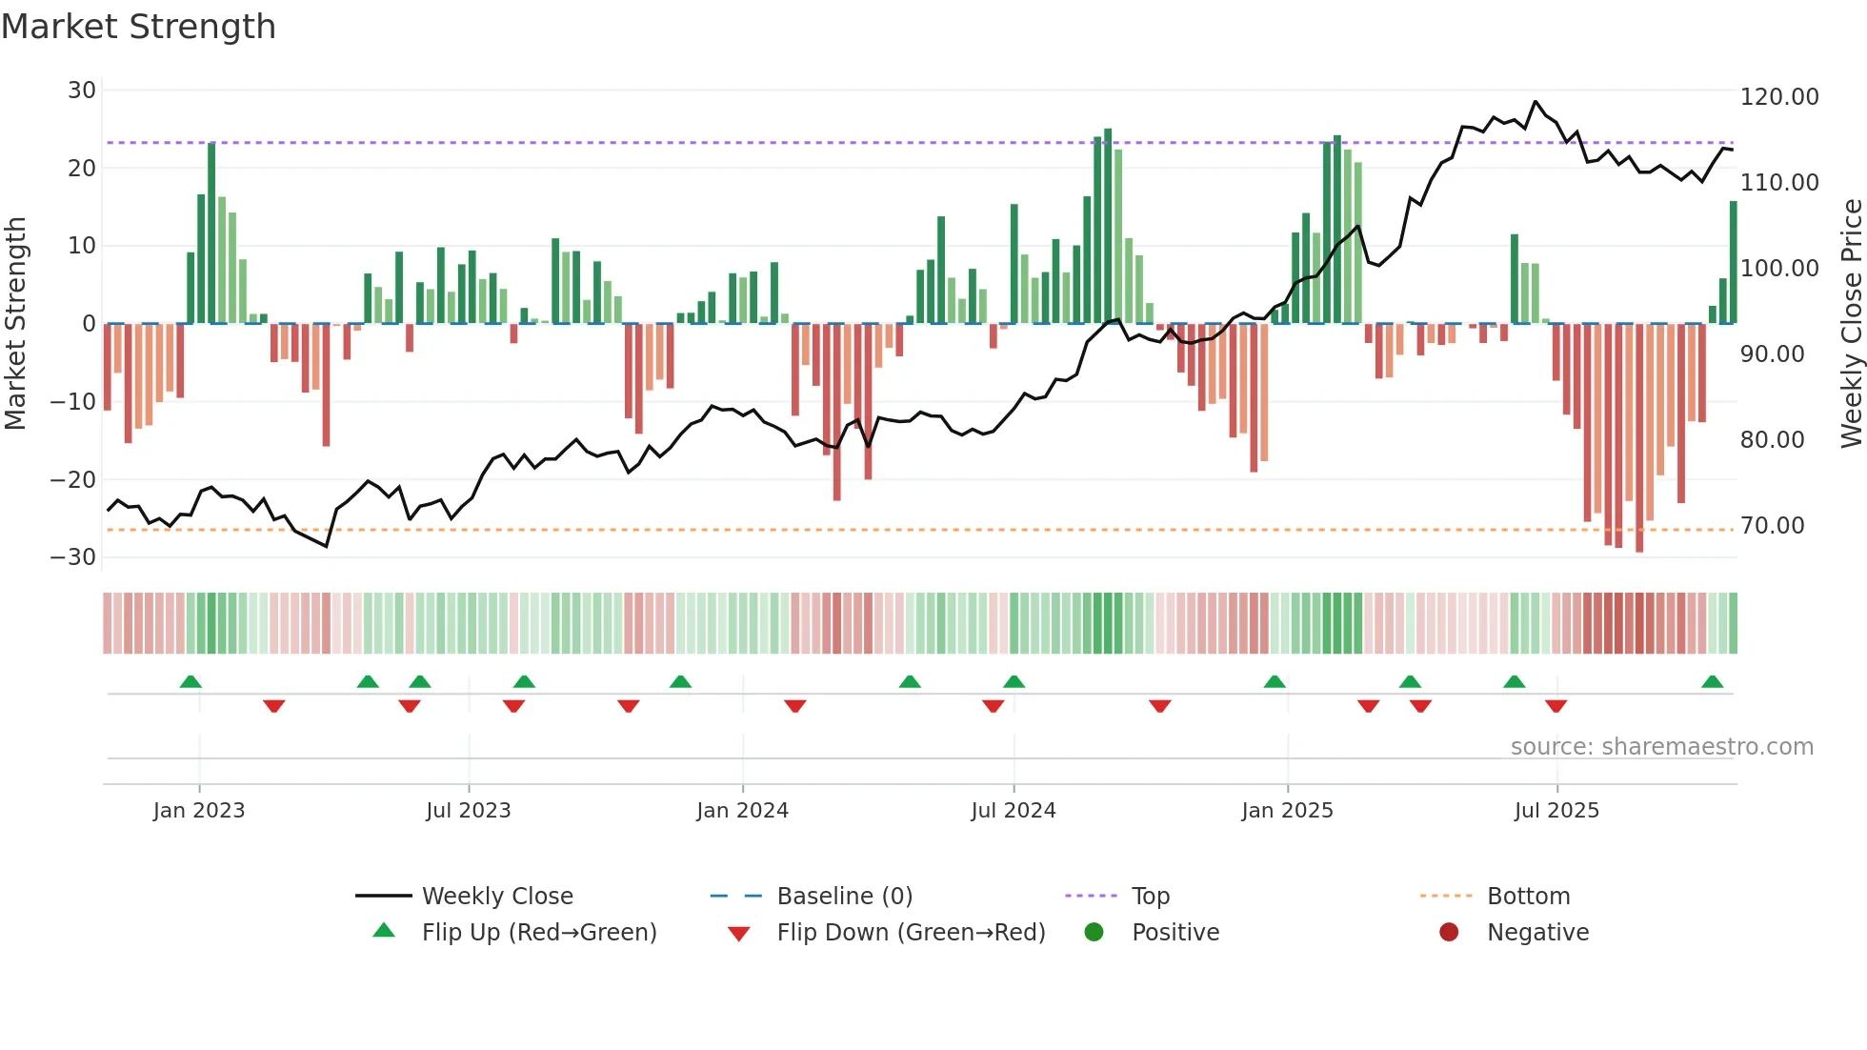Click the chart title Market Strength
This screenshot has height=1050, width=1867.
[x=138, y=27]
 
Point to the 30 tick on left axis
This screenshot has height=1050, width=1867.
[x=82, y=91]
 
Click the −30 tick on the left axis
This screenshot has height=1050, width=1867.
[x=73, y=557]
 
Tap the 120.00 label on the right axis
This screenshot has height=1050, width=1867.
[x=1778, y=97]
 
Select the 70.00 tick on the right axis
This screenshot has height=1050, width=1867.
[x=1772, y=526]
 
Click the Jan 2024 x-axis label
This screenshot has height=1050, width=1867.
[x=742, y=811]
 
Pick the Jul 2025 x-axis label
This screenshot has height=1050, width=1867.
[x=1556, y=811]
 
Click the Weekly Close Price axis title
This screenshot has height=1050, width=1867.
[x=1851, y=323]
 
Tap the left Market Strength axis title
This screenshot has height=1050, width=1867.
[x=16, y=323]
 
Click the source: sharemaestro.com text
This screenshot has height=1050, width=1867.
[x=1661, y=747]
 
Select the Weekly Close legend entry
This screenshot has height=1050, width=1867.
[x=496, y=897]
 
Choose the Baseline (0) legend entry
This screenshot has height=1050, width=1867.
[x=844, y=897]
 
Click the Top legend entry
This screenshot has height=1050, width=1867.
[x=1150, y=897]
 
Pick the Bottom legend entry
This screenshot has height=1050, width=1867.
[x=1528, y=897]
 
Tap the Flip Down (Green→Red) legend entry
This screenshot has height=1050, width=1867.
[x=910, y=933]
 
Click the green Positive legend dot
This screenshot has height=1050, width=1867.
[x=1094, y=933]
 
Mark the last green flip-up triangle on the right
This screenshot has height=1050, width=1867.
[x=1712, y=682]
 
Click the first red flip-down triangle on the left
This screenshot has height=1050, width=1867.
[x=274, y=706]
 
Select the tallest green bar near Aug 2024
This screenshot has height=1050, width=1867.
[x=1108, y=225]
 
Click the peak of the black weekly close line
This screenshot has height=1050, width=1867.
[x=1536, y=101]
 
